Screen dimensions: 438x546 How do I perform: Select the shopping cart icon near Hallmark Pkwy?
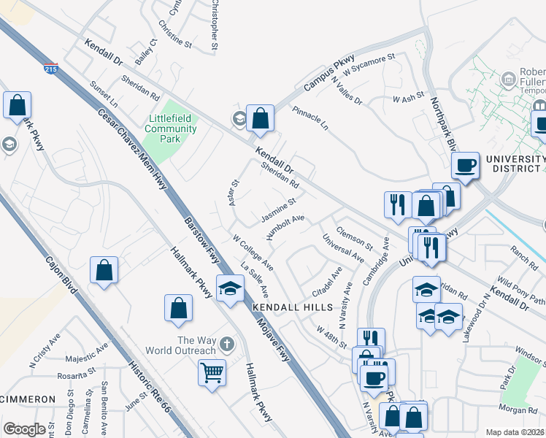click(x=212, y=374)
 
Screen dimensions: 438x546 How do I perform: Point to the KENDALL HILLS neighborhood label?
click(x=293, y=308)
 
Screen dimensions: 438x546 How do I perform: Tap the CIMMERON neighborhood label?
click(x=28, y=399)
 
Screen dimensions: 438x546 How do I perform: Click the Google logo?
click(x=24, y=430)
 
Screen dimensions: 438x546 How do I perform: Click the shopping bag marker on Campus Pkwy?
click(x=259, y=118)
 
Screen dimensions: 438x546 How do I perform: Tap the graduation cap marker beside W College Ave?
click(x=230, y=289)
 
